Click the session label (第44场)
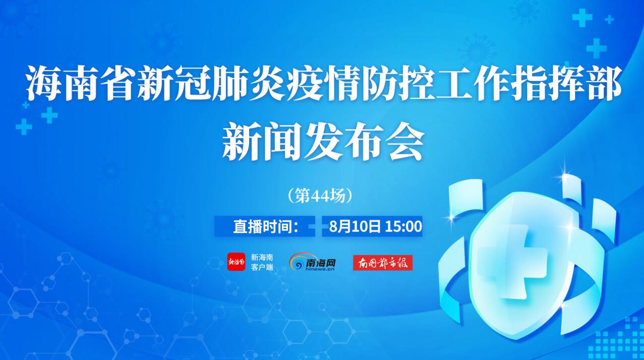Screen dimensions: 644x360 tap(320, 196)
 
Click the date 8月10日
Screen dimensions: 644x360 tap(355, 226)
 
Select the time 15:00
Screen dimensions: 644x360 tap(403, 226)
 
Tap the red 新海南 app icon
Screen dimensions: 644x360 tap(236, 262)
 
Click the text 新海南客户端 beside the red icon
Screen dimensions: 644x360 tap(262, 262)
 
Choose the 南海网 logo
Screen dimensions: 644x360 tap(312, 262)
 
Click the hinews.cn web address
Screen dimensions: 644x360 tap(320, 269)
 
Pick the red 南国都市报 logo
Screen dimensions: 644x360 tap(383, 263)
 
